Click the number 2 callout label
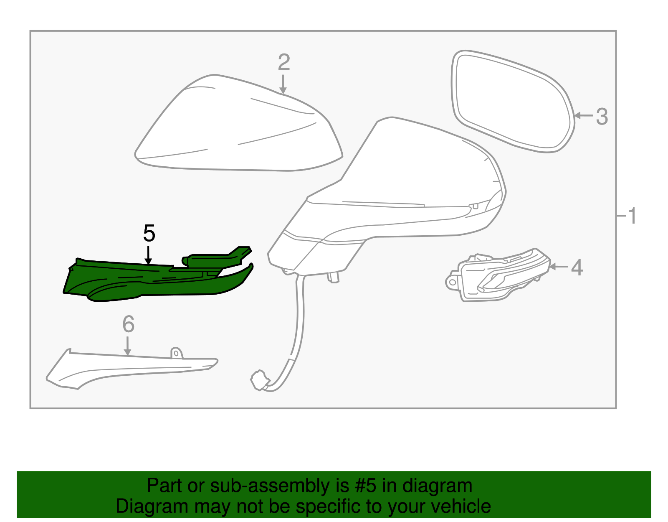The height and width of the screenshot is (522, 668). click(284, 63)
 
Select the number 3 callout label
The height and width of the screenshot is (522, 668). click(602, 116)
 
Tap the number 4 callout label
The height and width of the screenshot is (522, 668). click(577, 267)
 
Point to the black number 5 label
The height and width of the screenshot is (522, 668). click(149, 233)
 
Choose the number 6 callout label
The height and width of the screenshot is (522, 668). click(128, 324)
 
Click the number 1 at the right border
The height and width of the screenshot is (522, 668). click(632, 216)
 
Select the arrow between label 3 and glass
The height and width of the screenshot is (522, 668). click(583, 116)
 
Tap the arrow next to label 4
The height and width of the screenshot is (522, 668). click(559, 266)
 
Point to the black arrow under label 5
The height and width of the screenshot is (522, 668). click(148, 255)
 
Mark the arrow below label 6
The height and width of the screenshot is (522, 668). click(128, 346)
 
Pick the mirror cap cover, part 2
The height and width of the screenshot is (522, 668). click(238, 130)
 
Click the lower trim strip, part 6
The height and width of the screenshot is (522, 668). click(125, 368)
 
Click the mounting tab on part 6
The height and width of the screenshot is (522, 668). click(177, 353)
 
